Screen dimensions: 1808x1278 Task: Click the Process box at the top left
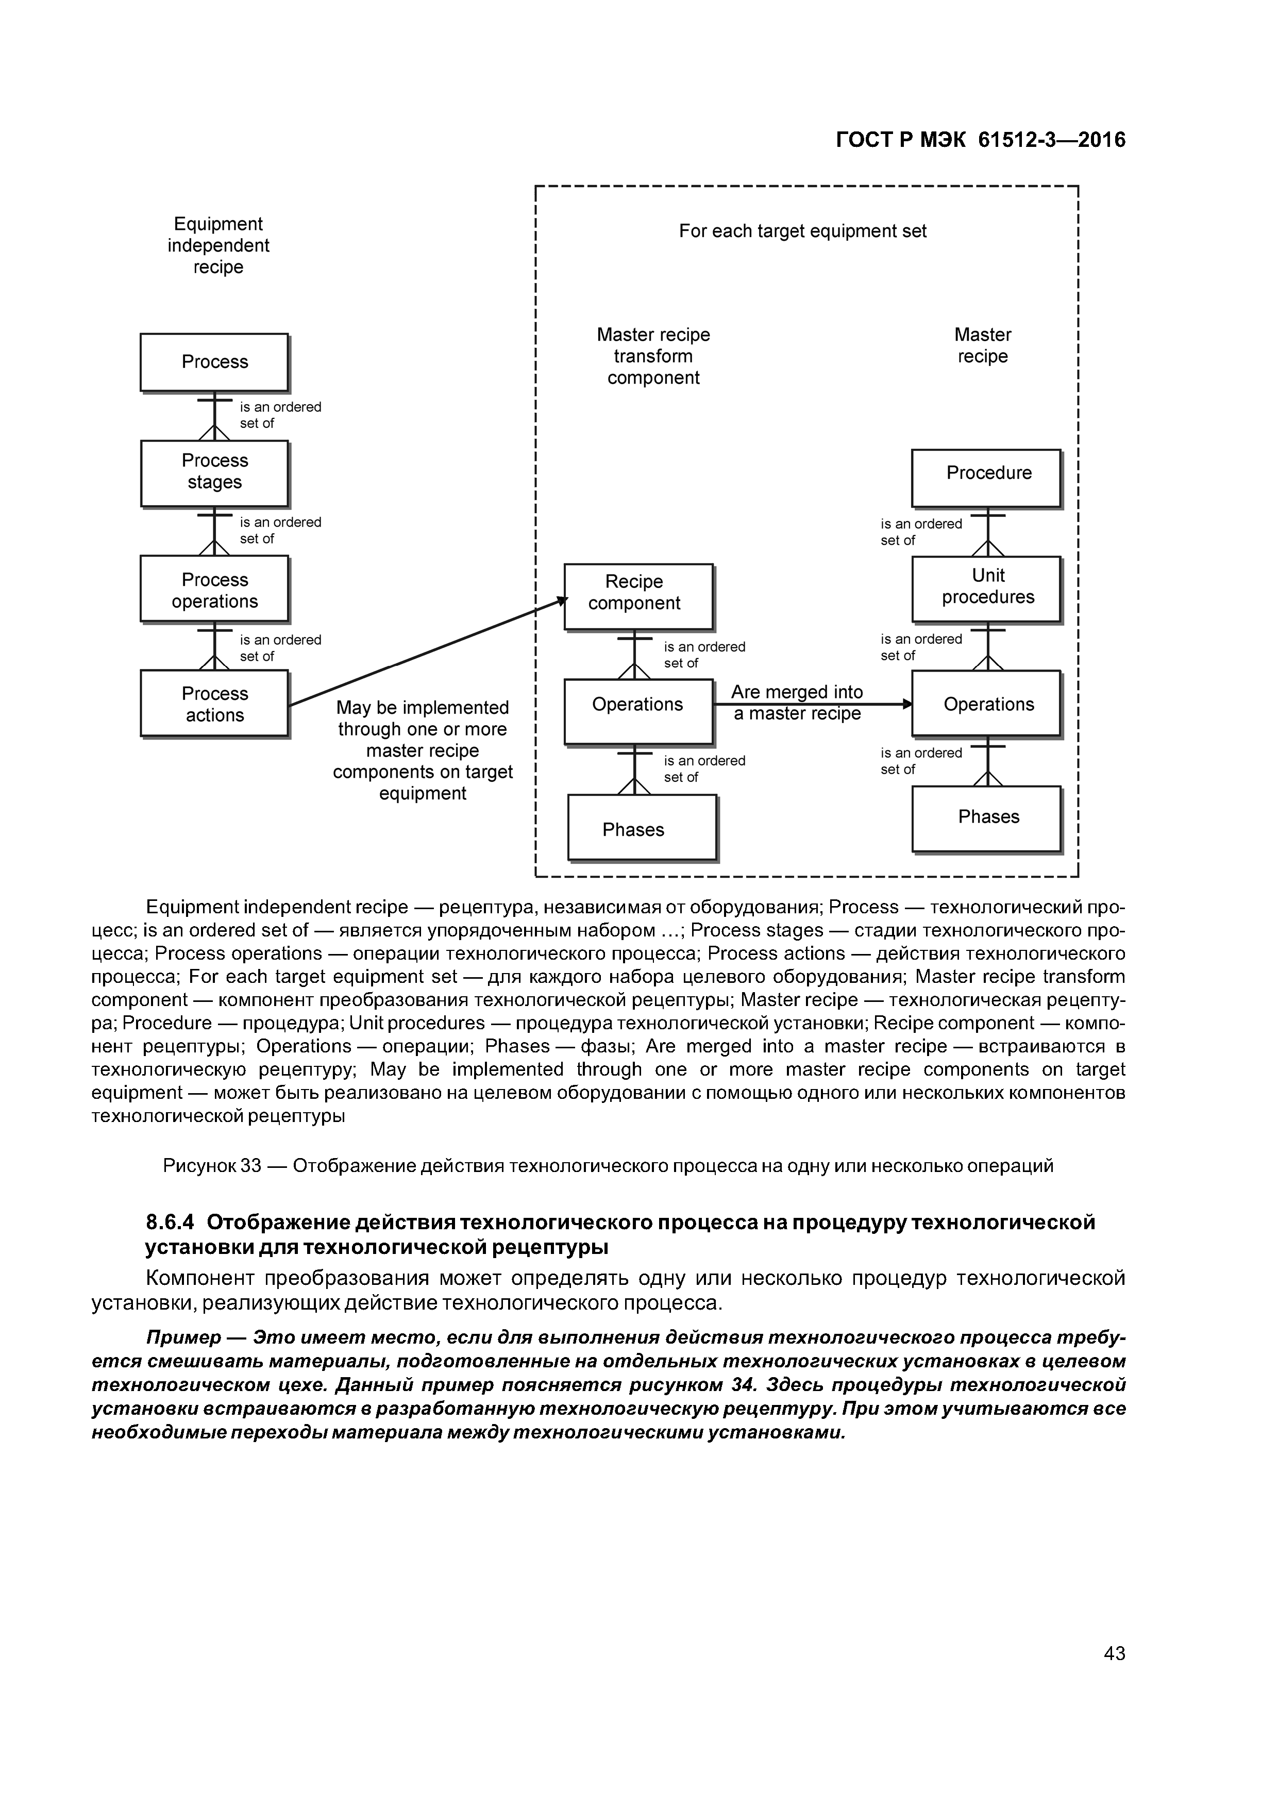point(214,362)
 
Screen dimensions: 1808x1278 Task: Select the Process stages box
point(214,473)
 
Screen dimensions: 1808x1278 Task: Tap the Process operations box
point(214,589)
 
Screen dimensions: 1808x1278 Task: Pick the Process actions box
point(214,703)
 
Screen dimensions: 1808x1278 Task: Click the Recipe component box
point(638,596)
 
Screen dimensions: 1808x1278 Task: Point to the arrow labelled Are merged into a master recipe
point(811,704)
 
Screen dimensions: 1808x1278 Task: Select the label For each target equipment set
point(802,231)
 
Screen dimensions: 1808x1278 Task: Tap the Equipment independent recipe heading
point(218,246)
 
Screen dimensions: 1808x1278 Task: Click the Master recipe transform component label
point(653,357)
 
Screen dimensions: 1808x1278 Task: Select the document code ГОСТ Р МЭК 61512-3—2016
point(980,140)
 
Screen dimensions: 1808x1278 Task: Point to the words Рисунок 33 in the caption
point(211,1165)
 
